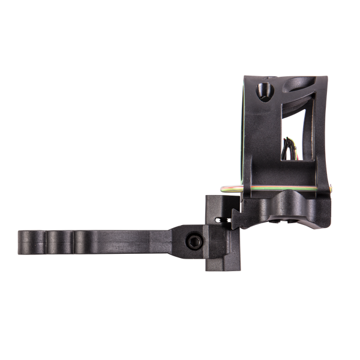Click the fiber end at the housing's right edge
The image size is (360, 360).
329,191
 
